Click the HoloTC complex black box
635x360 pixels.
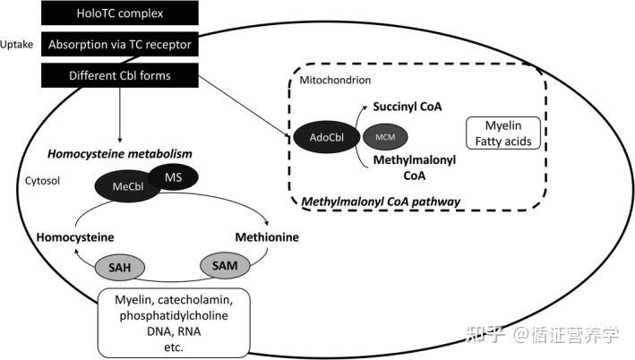(x=120, y=13)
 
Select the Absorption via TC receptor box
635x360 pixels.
(x=120, y=44)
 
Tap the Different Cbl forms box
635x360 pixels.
(x=120, y=75)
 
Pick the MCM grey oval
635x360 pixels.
(x=383, y=137)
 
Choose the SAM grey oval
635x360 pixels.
(x=221, y=265)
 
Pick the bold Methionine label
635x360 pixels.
(x=266, y=237)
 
